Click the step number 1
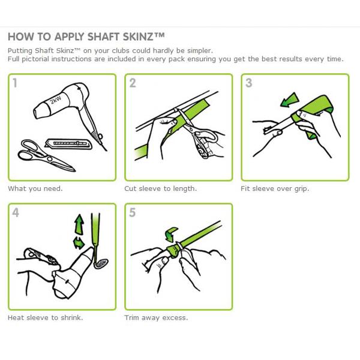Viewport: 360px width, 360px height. click(x=15, y=83)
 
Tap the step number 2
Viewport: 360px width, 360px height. click(x=133, y=83)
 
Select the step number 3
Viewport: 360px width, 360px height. click(x=249, y=83)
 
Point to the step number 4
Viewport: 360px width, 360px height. click(x=16, y=212)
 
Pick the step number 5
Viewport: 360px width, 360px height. click(x=133, y=212)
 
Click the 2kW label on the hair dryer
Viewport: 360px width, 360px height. click(x=56, y=100)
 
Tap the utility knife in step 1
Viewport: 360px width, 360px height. click(x=68, y=143)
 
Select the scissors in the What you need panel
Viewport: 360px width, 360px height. click(x=46, y=155)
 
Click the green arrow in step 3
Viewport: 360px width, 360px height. click(x=289, y=100)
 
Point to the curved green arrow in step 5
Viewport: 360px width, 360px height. click(x=171, y=234)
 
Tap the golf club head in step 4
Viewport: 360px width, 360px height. click(x=101, y=263)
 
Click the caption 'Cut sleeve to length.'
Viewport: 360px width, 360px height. click(x=160, y=189)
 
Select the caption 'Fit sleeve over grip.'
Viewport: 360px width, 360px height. click(x=275, y=189)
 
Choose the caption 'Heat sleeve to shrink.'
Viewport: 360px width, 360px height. click(x=45, y=318)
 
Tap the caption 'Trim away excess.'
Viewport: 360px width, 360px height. click(x=156, y=318)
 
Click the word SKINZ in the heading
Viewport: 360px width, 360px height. click(x=138, y=37)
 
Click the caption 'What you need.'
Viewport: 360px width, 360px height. click(x=35, y=189)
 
